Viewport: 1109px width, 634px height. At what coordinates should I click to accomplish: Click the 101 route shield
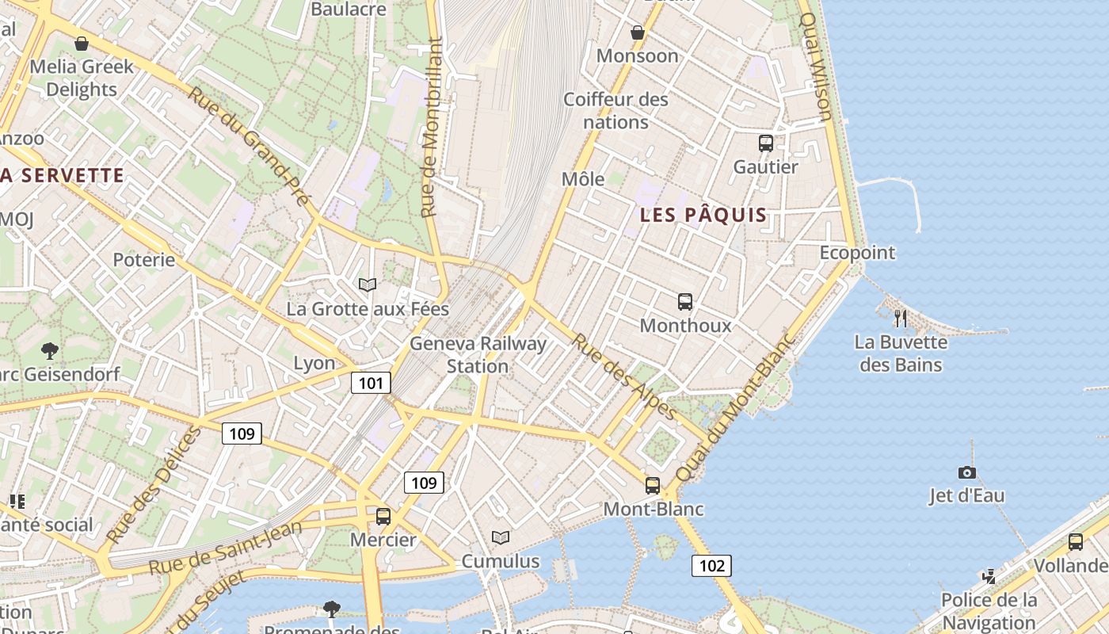[x=371, y=384]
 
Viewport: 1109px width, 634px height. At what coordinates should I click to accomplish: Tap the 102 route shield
[x=711, y=565]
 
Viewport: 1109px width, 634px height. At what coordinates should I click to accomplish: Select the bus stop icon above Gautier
[x=765, y=143]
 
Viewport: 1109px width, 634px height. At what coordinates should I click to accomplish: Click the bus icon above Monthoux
[x=685, y=302]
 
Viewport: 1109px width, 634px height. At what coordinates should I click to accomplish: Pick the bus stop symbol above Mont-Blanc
[x=653, y=486]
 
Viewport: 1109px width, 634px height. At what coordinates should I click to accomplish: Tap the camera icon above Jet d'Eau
[x=966, y=472]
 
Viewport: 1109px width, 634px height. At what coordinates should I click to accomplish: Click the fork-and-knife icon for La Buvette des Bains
[x=900, y=319]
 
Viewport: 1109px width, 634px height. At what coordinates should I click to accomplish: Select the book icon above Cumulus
[x=500, y=538]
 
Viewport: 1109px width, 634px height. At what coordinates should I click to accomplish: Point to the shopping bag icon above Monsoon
[x=637, y=32]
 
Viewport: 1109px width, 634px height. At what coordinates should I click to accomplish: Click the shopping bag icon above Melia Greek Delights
[x=81, y=44]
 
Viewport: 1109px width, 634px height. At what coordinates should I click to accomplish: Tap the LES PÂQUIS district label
[x=703, y=215]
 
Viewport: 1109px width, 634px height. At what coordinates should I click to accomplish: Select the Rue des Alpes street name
[x=624, y=377]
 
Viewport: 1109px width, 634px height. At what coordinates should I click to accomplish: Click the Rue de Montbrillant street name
[x=431, y=127]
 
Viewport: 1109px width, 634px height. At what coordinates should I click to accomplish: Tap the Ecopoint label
[x=857, y=253]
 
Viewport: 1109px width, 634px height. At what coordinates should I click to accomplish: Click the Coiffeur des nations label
[x=615, y=111]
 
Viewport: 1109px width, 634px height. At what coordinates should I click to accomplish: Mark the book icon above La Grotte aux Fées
[x=367, y=285]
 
